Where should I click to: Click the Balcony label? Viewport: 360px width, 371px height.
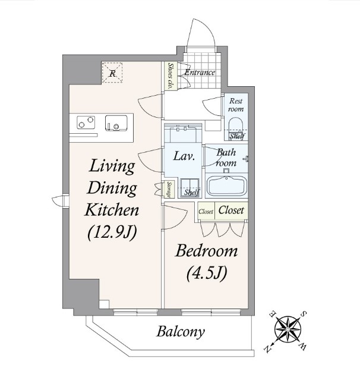(181, 332)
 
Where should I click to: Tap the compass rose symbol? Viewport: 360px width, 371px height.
(288, 329)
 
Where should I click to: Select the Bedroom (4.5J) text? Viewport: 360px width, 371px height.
(206, 263)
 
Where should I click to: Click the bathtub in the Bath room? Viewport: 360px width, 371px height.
(226, 185)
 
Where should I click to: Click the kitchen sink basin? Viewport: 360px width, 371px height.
(116, 123)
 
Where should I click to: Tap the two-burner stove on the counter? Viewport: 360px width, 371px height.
(86, 122)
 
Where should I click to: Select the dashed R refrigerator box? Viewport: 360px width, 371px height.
(112, 73)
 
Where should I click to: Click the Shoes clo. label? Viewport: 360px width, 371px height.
(170, 76)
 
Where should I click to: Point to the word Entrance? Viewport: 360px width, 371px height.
(200, 72)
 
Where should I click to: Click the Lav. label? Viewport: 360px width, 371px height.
(184, 156)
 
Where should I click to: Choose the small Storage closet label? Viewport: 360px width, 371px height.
(169, 190)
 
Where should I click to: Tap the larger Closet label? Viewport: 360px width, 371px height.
(231, 210)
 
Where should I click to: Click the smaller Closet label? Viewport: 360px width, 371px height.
(206, 212)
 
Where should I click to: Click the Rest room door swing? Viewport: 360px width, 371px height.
(212, 106)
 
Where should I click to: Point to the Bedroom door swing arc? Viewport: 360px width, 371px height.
(175, 217)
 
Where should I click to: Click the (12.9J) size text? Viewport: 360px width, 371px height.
(112, 232)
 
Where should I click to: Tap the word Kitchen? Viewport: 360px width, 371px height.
(112, 210)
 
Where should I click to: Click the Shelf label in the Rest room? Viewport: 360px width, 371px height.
(237, 136)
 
